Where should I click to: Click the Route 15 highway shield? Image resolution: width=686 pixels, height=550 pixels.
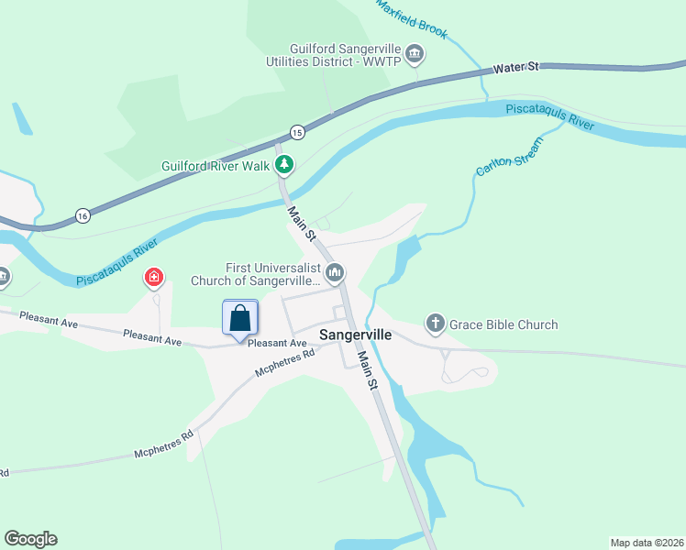point(296,133)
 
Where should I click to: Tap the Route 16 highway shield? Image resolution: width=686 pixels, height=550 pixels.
point(83,215)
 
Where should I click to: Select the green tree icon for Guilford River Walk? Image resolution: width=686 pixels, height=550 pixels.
point(286,165)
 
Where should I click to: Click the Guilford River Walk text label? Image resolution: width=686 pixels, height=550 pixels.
point(216,166)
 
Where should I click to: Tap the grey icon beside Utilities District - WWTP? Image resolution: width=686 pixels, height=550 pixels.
point(415,55)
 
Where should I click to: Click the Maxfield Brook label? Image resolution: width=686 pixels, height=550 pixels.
point(412,19)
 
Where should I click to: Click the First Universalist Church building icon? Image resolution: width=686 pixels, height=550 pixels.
point(336,272)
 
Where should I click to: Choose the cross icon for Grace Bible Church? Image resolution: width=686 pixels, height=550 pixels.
point(436,324)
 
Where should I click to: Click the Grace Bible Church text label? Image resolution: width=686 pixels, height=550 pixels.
point(504,324)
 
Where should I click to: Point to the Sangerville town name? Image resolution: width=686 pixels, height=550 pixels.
point(356,335)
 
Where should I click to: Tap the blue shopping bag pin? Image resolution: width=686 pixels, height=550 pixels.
point(240,318)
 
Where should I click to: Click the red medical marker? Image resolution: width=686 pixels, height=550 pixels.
point(154,277)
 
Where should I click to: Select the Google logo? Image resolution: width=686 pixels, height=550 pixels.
point(30,539)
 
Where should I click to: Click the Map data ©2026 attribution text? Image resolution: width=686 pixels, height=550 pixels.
point(647,542)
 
